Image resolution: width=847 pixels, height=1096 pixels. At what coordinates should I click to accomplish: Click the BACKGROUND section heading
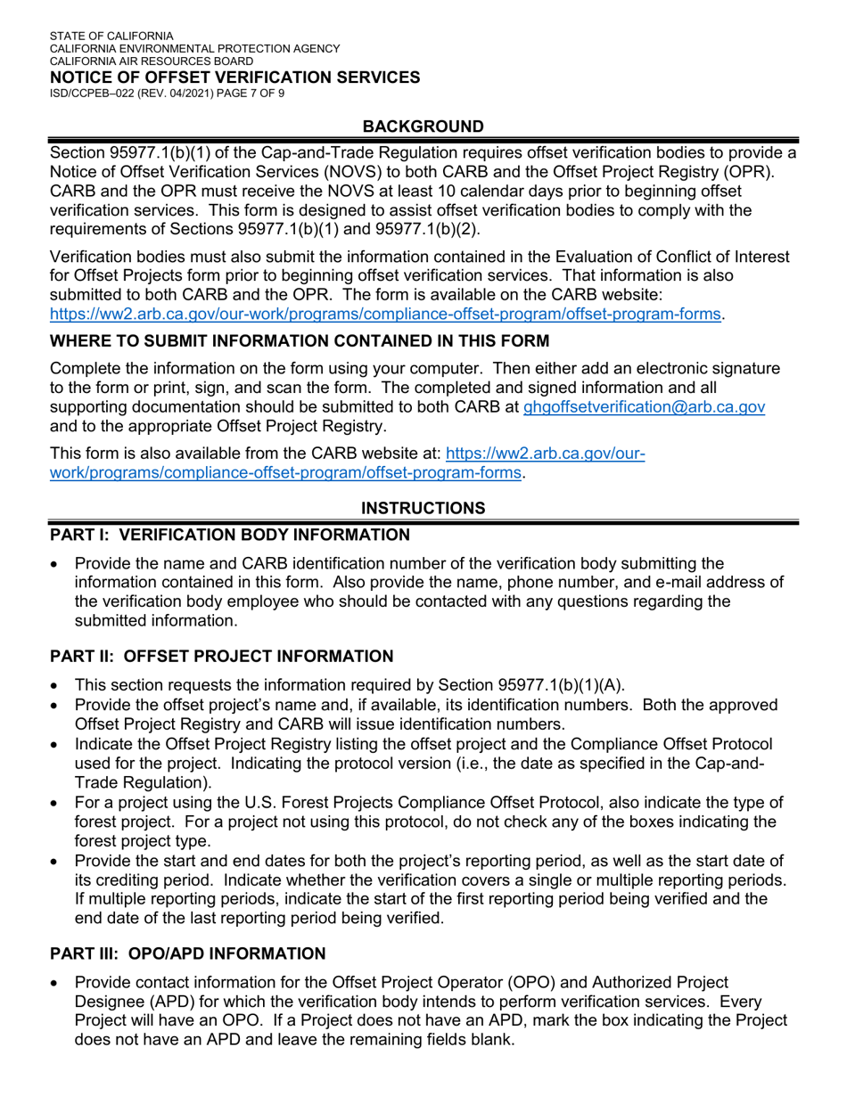coord(423,127)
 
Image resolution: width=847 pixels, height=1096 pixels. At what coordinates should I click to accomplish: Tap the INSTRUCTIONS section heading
coord(423,508)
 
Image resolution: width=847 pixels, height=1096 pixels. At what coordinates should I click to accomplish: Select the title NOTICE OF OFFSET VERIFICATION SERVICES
coord(234,78)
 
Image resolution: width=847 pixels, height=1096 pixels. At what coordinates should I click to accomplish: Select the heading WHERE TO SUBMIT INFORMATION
coord(300,340)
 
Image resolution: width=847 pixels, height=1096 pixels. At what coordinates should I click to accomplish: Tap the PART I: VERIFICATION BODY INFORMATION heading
coord(230,535)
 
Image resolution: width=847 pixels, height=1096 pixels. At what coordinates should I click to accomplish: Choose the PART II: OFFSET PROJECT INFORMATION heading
coord(221,657)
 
